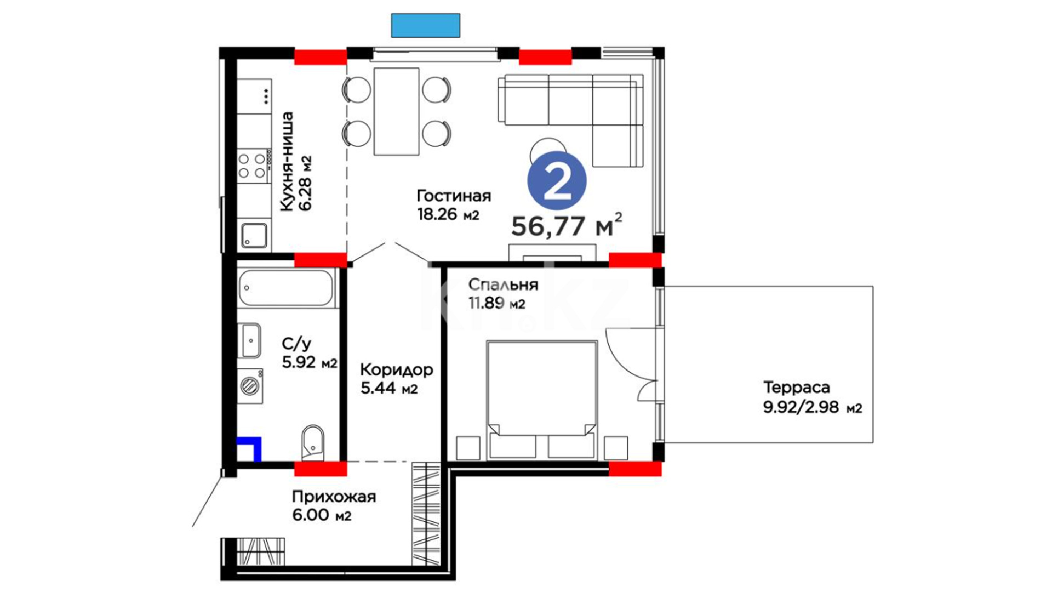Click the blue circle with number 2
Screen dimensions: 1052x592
[x=557, y=181]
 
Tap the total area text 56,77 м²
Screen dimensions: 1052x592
[x=567, y=225]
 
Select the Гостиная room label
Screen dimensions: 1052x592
[x=454, y=196]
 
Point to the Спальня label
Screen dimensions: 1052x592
[x=503, y=284]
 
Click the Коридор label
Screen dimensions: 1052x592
[x=397, y=370]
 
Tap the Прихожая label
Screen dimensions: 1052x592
[x=334, y=497]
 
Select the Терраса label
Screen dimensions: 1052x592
[x=797, y=388]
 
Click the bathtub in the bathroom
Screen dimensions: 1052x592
[x=285, y=288]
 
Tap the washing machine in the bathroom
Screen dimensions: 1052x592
[x=250, y=386]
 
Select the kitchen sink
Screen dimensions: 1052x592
[x=254, y=235]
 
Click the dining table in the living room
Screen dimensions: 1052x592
[x=397, y=112]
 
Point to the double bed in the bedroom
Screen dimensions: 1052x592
[x=542, y=399]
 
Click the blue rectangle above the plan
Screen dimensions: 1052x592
[x=426, y=25]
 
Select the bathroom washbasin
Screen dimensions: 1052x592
[x=250, y=340]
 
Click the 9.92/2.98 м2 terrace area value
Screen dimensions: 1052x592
[x=813, y=408]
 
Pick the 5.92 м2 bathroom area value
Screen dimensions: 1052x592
[x=310, y=362]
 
